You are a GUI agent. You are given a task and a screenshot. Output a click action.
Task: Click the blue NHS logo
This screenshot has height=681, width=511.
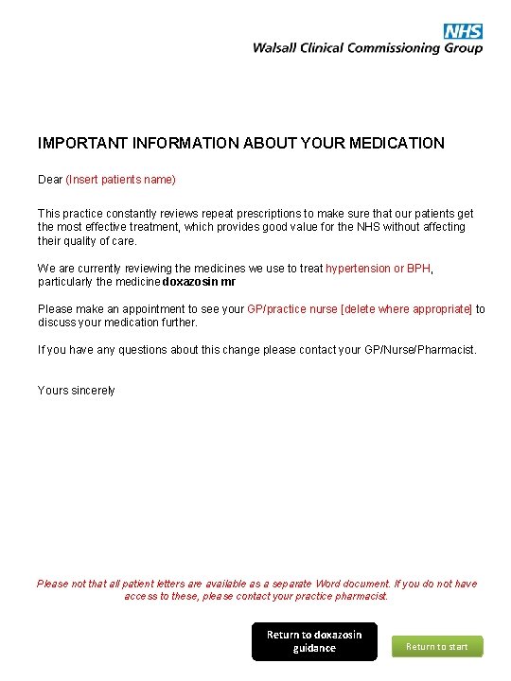pos(464,32)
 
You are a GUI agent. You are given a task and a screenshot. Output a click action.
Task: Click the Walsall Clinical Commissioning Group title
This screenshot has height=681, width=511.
pos(367,48)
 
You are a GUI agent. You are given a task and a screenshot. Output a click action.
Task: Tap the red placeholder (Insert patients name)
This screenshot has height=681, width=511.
pos(121,179)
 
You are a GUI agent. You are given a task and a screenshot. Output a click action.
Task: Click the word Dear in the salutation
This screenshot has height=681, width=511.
pos(50,179)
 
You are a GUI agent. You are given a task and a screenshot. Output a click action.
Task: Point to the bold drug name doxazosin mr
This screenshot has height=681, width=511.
pos(200,282)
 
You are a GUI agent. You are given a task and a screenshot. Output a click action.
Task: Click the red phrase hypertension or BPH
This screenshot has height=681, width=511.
pos(378,269)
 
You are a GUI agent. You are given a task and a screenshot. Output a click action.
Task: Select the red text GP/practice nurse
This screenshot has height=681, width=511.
pos(291,309)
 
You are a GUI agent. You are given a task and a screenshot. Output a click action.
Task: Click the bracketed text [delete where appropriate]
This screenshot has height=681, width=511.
pos(406,309)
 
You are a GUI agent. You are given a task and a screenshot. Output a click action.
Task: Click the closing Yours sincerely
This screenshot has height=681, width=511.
pos(77,391)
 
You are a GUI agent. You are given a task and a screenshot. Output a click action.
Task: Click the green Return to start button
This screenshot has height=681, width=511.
pos(437,647)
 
